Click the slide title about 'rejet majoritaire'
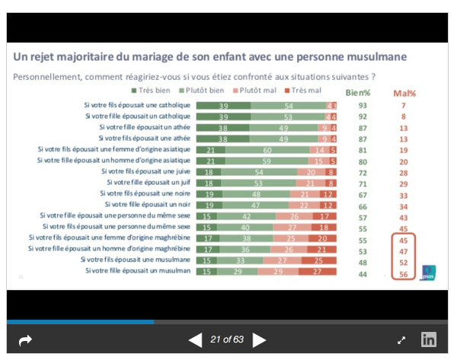[x=209, y=57]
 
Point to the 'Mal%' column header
[x=404, y=92]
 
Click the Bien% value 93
[x=363, y=105]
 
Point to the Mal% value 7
[x=404, y=105]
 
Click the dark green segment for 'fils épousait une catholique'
[x=223, y=105]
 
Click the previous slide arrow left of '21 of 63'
[x=195, y=340]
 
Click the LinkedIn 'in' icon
[x=429, y=340]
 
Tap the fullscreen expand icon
[x=401, y=340]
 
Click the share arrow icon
[x=25, y=340]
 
